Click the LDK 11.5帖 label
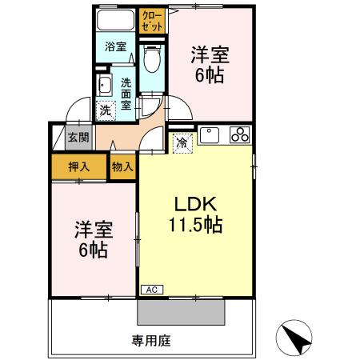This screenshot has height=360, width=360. coord(195,214)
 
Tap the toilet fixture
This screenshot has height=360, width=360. coord(152,57)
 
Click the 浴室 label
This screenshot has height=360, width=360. coord(115,46)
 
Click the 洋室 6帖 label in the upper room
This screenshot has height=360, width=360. coord(210,66)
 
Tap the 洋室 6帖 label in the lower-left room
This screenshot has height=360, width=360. coord(93,238)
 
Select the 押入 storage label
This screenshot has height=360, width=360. coord(78,168)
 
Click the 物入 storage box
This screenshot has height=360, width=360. coord(122,167)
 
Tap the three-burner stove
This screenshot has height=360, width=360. coord(239,135)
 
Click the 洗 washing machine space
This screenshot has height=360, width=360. coord(105,110)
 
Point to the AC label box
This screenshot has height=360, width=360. coord(150,290)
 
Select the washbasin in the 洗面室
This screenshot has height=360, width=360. coord(103,86)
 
